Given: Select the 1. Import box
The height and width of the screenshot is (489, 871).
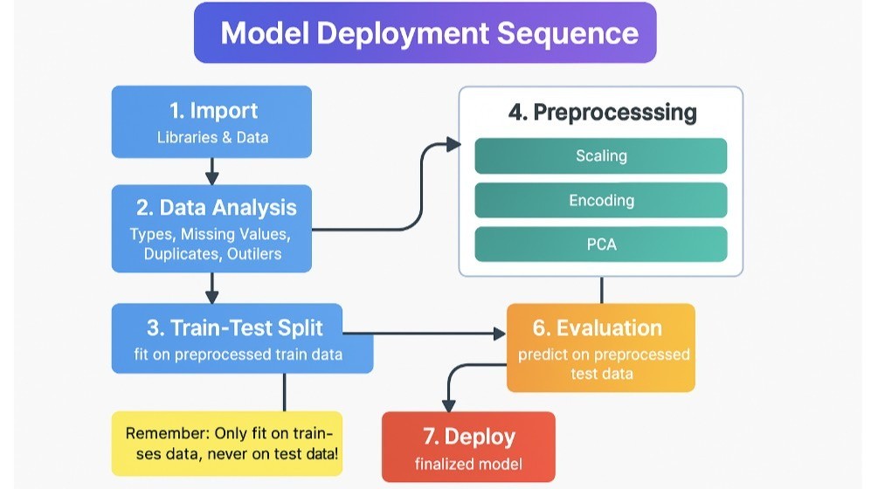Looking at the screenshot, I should [212, 121].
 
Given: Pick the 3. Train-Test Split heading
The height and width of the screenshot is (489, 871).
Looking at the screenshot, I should [234, 327].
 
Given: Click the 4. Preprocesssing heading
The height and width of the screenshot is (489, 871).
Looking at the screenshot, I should [602, 113].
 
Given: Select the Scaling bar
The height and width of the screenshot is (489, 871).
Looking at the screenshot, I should [601, 156].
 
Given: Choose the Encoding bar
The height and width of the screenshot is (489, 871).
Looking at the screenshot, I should [601, 200].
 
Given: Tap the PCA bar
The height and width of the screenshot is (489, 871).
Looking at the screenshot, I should [601, 244].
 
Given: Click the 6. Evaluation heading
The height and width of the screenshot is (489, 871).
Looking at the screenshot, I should [597, 328].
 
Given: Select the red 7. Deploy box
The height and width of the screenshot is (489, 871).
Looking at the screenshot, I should [468, 446].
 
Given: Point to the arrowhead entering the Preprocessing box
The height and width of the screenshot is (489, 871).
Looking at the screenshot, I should [453, 144].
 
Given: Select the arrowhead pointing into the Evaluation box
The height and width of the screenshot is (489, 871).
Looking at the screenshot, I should [499, 334].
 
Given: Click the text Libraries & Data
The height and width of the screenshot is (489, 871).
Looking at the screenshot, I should [212, 137].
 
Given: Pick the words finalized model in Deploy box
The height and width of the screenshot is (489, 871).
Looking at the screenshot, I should [468, 464].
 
